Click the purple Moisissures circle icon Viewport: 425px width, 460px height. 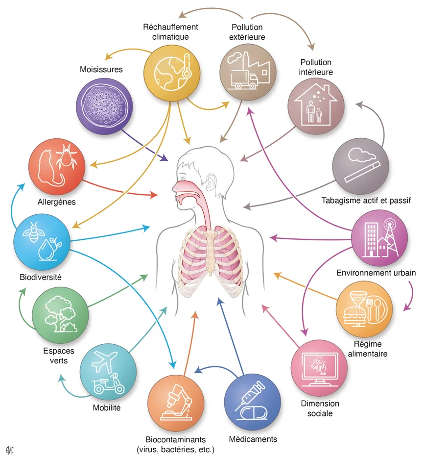105,106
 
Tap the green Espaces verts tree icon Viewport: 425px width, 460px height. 60,314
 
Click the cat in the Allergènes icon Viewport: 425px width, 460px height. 49,164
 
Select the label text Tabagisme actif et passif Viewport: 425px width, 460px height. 365,201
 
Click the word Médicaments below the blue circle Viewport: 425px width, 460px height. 253,438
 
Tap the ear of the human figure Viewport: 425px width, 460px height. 211,181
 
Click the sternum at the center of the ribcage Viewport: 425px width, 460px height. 211,250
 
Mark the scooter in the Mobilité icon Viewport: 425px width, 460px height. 108,384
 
